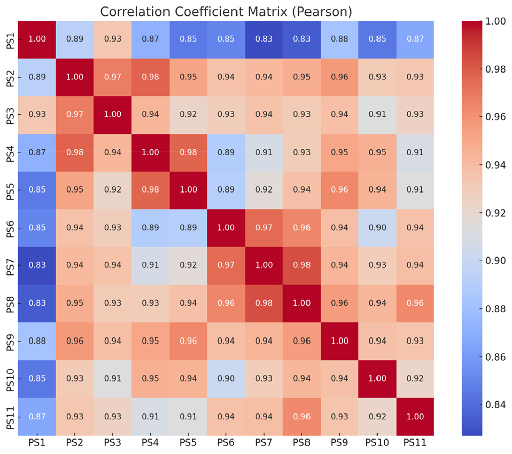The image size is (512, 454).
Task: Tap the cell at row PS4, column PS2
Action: point(75,153)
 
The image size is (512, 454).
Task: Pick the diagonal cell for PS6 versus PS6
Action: point(226,228)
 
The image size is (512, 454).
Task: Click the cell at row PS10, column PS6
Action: point(226,378)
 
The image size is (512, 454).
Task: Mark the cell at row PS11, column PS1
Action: point(37,416)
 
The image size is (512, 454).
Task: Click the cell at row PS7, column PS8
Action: point(301,266)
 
